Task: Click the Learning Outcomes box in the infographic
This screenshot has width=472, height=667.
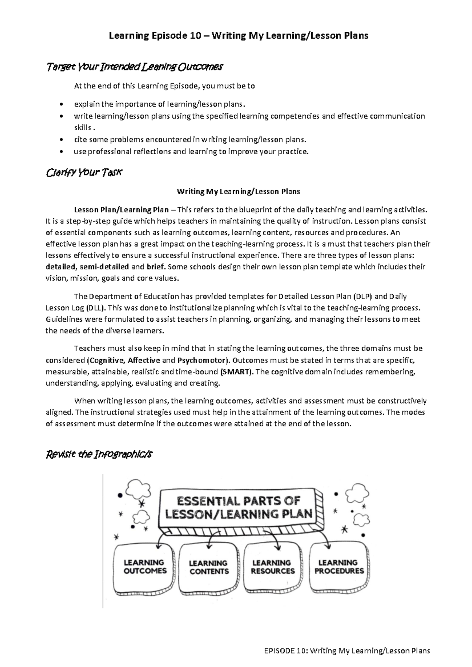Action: point(145,567)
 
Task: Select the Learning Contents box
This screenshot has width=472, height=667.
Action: point(209,568)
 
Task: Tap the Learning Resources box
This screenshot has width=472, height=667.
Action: point(273,567)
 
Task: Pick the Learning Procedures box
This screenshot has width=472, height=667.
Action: point(339,567)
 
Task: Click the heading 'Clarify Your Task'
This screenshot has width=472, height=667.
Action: point(85,173)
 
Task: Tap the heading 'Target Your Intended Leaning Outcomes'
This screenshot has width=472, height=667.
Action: point(135,67)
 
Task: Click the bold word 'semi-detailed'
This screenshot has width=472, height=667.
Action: point(104,267)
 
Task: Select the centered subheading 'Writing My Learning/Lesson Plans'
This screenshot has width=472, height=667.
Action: point(238,192)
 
